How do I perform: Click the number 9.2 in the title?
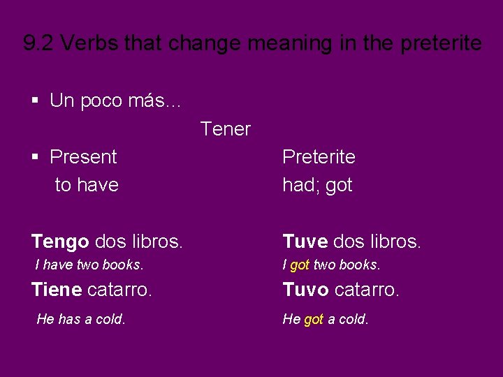point(38,43)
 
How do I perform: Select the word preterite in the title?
point(442,43)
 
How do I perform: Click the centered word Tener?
point(225,129)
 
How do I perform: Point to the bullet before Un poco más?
point(36,101)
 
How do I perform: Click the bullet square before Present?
point(36,157)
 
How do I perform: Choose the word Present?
point(83,157)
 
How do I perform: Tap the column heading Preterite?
point(319,157)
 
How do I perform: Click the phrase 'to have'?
point(87,186)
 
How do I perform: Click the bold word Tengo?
point(60,242)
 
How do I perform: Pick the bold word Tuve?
point(305,242)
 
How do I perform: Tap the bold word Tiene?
point(56,289)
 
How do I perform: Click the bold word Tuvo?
point(305,289)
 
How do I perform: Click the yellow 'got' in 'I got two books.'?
point(300,265)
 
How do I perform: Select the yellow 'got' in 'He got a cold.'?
point(314,320)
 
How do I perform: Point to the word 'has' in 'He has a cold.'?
point(69,320)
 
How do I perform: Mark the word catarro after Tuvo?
point(367,289)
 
